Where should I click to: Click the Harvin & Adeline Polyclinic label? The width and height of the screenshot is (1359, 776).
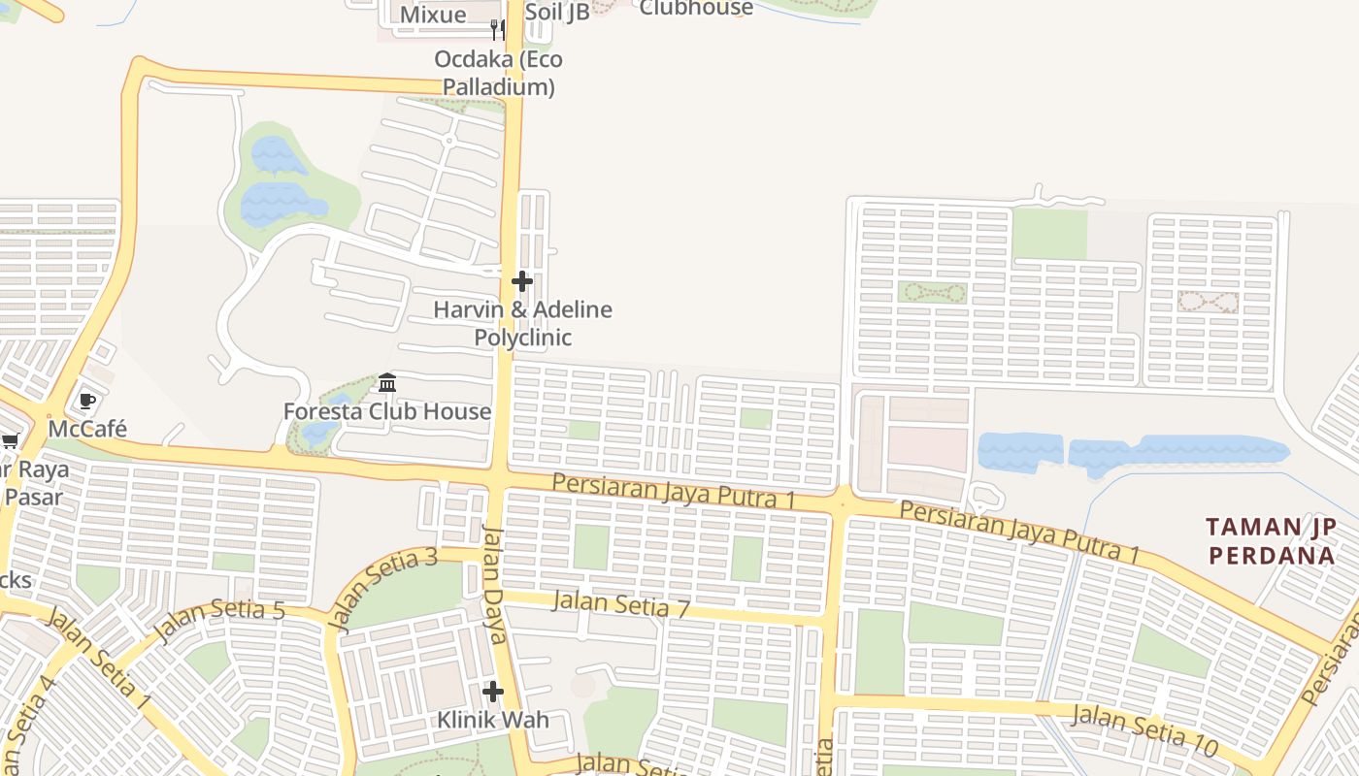522,324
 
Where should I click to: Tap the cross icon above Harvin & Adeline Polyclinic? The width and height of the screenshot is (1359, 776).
522,281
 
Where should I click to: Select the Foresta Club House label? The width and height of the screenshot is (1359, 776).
387,411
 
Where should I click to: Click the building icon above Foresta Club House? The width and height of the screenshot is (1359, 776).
387,382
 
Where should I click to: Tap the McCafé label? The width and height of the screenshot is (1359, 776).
88,428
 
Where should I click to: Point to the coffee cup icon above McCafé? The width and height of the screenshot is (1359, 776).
87,401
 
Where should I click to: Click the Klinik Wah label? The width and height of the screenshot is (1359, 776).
493,720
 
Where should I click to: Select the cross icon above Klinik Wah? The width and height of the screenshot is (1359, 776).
493,692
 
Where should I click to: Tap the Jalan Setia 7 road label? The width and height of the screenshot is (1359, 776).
620,604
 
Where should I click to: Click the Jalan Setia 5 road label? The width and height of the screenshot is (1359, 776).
218,622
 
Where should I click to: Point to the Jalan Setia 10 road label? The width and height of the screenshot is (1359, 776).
1144,730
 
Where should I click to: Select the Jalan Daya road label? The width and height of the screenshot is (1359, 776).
495,584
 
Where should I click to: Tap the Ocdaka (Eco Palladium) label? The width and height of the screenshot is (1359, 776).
498,73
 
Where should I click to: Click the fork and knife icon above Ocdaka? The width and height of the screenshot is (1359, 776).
497,29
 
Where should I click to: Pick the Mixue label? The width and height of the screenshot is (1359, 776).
433,15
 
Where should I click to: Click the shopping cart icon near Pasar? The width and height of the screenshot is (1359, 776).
11,441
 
